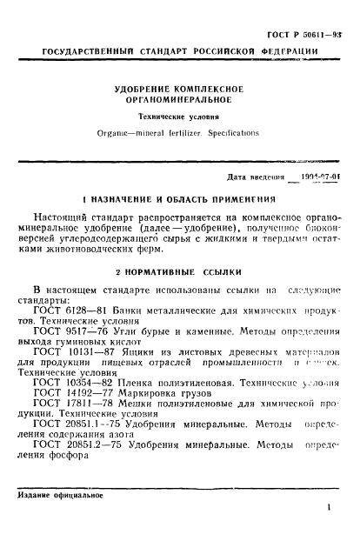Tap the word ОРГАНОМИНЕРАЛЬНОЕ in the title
coord(179,101)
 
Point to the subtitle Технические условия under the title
coord(180,116)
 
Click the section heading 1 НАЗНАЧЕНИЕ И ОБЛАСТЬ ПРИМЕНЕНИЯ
coord(179,199)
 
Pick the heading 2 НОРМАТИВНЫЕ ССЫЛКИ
coord(180,270)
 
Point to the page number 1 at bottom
coord(330,516)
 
